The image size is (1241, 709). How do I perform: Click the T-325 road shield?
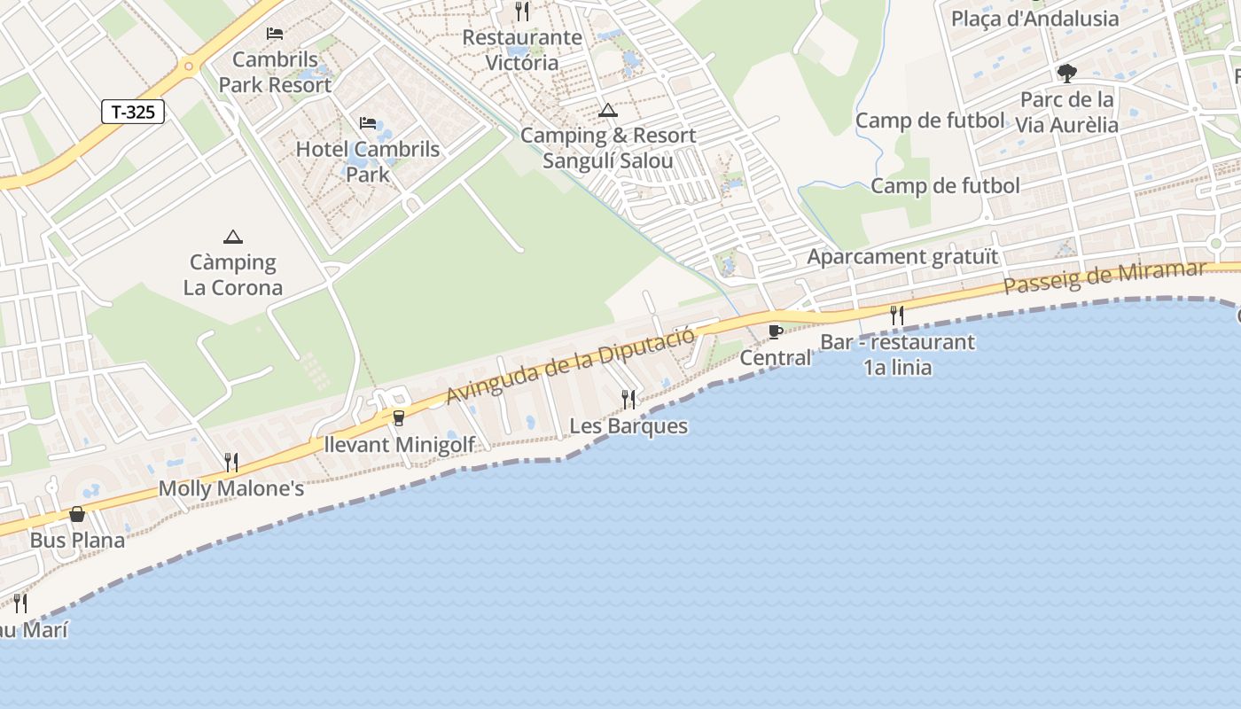133,112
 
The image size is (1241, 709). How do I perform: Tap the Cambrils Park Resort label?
275,73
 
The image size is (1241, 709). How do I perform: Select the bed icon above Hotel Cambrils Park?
368,122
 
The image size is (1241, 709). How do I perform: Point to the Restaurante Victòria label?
522,50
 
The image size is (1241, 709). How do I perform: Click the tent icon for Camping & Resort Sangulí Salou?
607,111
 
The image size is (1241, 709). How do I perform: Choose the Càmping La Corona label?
233,275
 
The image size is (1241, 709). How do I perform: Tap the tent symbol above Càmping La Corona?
233,237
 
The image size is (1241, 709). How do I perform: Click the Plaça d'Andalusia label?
1034,19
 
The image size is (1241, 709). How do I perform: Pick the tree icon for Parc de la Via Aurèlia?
1066,73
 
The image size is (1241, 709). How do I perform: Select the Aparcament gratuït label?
902,257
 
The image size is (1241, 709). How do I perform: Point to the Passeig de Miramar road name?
1104,277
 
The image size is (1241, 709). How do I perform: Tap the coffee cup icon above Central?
776,331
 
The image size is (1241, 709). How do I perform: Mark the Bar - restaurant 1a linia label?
897,354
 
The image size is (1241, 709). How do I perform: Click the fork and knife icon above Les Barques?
628,399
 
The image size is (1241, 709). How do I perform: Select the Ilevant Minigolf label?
399,444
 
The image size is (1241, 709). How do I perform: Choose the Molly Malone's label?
231,488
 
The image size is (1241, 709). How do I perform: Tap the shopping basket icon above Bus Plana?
77,514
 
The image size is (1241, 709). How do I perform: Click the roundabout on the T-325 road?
188,66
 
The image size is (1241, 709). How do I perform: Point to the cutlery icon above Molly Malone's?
231,462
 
